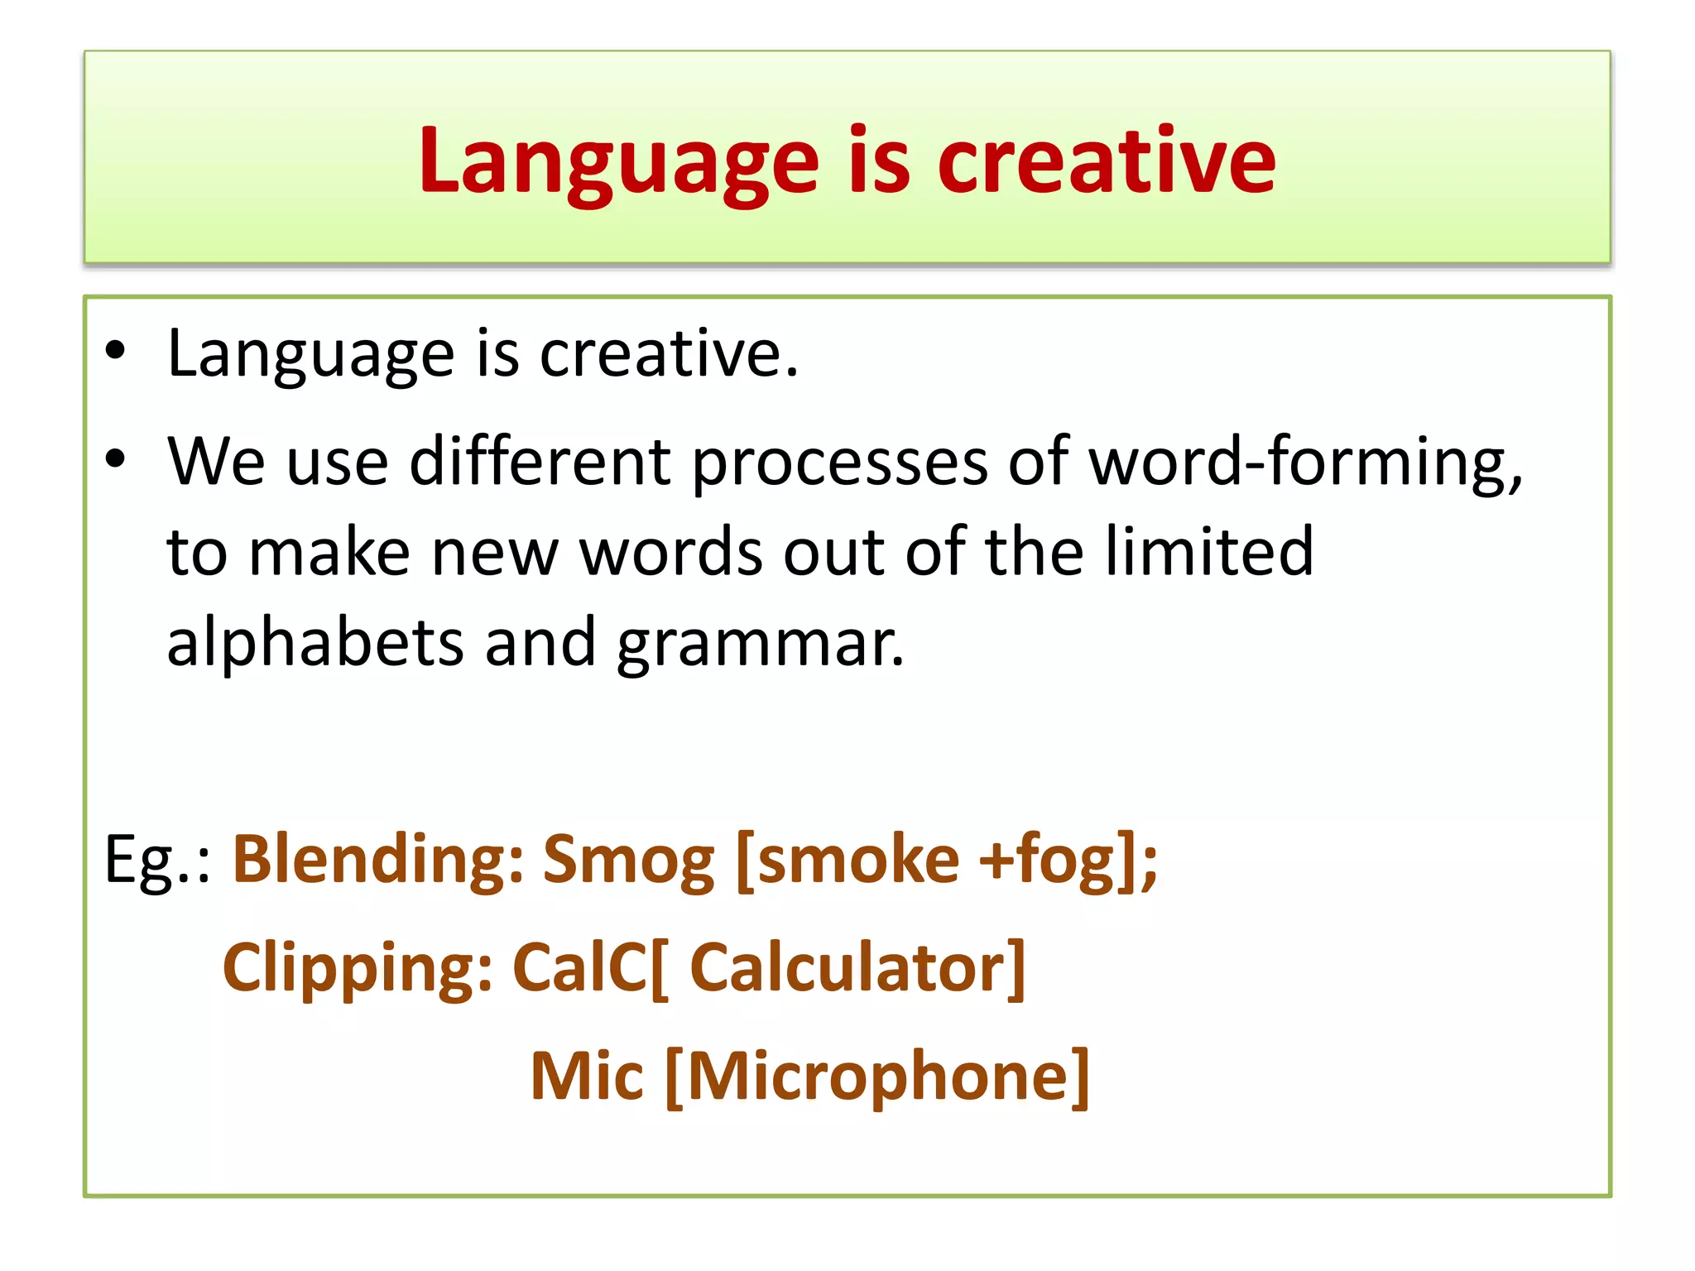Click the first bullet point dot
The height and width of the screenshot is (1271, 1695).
pyautogui.click(x=115, y=351)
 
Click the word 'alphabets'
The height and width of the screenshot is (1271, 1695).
pyautogui.click(x=315, y=642)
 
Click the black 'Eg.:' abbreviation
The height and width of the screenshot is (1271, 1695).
pyautogui.click(x=158, y=861)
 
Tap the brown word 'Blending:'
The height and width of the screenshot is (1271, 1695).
pyautogui.click(x=377, y=861)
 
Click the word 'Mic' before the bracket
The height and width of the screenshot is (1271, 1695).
pyautogui.click(x=586, y=1076)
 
